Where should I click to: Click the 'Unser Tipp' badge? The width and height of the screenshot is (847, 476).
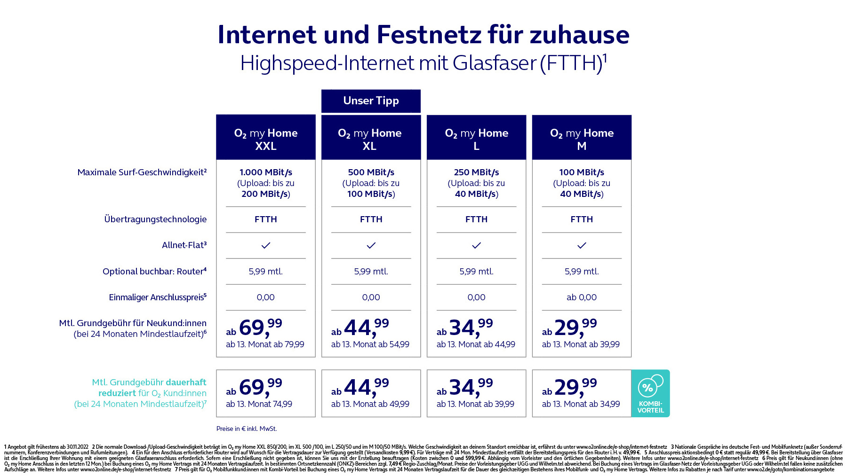point(371,101)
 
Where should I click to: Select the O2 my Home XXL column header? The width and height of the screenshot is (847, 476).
point(266,137)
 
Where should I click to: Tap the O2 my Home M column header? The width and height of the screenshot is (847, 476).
point(582,137)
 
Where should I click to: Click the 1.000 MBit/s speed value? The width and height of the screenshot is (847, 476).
point(266,172)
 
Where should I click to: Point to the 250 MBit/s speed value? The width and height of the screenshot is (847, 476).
point(476,172)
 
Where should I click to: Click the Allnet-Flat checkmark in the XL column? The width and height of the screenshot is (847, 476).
point(371,245)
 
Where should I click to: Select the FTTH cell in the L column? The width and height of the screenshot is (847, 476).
point(476,219)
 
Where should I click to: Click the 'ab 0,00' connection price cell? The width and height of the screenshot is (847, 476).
point(582,297)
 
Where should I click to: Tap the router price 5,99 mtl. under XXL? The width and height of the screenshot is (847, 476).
point(266,272)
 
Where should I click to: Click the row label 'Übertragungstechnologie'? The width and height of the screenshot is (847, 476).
point(155,219)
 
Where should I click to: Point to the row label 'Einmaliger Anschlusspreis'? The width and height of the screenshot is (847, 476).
point(158,297)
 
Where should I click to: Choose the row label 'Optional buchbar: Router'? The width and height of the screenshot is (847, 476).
point(154,272)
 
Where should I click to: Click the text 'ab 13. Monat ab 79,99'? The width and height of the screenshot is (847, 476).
point(265,344)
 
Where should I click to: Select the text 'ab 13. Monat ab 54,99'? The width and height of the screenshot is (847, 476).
point(370,344)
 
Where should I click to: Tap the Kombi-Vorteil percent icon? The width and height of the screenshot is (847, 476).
point(650,386)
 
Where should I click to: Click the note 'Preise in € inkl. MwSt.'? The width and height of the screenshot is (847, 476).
point(247,429)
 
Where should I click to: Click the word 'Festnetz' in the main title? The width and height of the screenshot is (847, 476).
point(428,35)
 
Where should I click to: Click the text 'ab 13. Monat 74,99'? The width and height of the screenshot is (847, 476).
point(259,404)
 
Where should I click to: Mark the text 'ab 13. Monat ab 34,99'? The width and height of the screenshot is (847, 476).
point(581,404)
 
